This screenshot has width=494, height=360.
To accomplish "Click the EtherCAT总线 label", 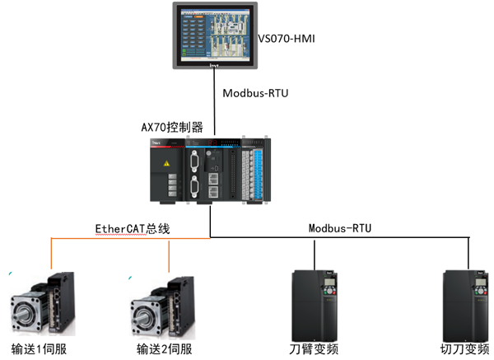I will (x=131, y=228).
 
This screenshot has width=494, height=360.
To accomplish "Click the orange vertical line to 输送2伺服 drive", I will (x=169, y=255).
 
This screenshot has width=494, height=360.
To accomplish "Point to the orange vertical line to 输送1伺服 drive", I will (x=51, y=255).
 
